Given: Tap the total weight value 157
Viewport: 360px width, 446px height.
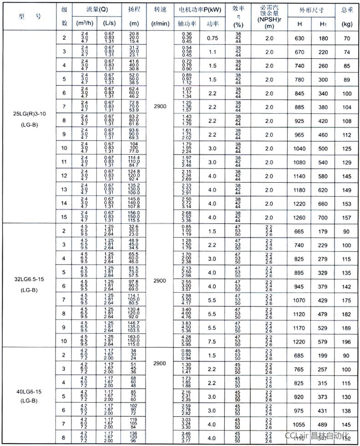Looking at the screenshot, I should point(347,217).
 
